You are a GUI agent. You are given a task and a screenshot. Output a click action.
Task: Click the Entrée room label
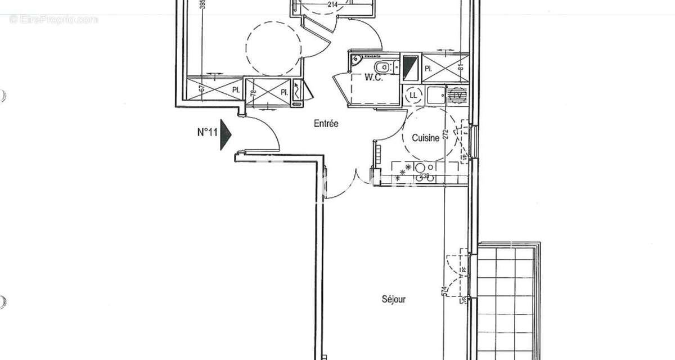pos(326,124)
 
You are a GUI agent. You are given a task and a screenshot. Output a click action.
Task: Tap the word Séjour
pos(393,299)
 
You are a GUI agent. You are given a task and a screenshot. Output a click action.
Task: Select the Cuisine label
pos(425,138)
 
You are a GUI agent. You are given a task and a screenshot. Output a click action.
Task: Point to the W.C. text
pos(374,78)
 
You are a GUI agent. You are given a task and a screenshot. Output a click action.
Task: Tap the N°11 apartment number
pos(207,133)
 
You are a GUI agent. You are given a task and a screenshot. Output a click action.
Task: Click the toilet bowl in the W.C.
pos(385,67)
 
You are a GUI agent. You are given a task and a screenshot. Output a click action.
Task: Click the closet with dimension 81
pos(444,67)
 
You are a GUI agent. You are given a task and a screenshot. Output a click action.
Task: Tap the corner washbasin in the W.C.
pos(355,59)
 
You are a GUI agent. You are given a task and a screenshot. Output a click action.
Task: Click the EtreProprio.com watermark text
pos(53,20)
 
